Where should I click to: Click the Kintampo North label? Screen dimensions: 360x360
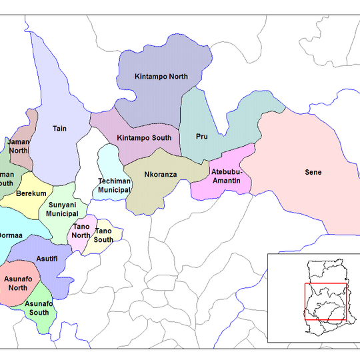point(161,77)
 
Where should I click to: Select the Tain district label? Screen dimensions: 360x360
point(60,129)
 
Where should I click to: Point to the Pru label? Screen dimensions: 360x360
point(202,137)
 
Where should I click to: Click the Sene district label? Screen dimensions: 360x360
point(313,173)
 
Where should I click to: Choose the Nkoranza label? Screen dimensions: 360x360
point(160,175)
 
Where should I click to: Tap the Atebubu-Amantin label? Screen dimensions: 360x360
point(226,177)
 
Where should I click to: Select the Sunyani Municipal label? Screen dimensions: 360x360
point(63,209)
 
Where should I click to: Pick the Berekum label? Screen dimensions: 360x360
point(31,193)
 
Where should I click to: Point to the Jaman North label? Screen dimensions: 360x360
point(19,146)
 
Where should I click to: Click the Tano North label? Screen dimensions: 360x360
point(81,231)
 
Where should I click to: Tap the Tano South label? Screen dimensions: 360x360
point(103,235)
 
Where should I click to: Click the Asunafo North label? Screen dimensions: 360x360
point(18,283)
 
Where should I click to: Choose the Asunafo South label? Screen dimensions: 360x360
point(37,308)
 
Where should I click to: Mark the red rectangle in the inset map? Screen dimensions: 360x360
point(326,301)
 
